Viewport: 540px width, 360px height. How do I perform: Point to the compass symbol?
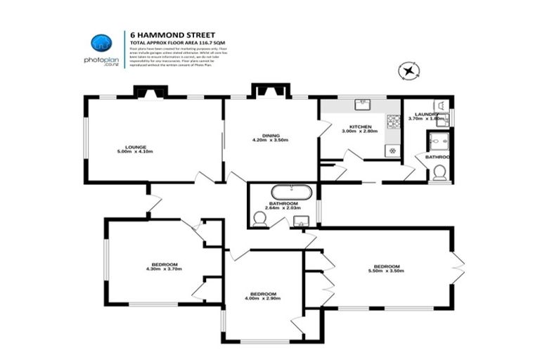(x=408, y=70)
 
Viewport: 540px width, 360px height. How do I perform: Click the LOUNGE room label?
(x=135, y=147)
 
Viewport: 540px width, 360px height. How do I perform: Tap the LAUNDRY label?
(x=426, y=114)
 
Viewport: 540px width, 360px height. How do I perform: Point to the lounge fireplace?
(x=150, y=91)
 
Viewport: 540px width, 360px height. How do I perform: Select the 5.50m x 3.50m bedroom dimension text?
(x=388, y=271)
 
